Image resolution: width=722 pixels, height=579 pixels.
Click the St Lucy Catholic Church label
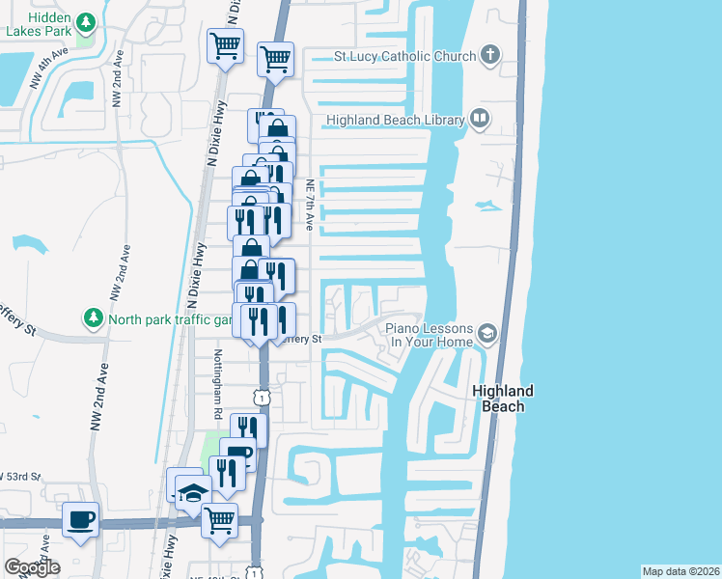404,56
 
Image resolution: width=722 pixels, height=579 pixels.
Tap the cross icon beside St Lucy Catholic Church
489,54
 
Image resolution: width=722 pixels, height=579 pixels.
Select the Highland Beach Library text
397,120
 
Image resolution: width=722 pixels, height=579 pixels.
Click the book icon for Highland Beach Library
480,119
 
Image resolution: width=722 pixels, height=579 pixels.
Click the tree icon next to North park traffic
94,317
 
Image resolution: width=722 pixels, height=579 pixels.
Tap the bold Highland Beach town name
503,399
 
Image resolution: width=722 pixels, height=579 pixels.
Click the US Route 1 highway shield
261,397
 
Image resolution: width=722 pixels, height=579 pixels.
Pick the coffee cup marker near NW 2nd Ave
81,520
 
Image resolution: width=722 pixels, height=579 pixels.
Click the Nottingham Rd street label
219,384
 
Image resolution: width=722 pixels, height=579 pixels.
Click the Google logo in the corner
32,567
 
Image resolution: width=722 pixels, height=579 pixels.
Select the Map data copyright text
680,571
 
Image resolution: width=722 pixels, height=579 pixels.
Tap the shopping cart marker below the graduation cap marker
220,520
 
